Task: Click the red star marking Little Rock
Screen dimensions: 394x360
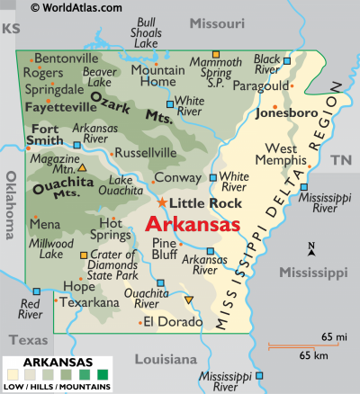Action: pyautogui.click(x=163, y=202)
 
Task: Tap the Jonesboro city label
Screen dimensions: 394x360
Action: pyautogui.click(x=286, y=114)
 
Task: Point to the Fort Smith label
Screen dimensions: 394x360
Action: pyautogui.click(x=43, y=133)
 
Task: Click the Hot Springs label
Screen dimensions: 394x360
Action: pyautogui.click(x=112, y=229)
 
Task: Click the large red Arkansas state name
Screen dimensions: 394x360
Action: pyautogui.click(x=193, y=223)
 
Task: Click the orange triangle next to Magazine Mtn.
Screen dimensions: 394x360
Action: pyautogui.click(x=82, y=167)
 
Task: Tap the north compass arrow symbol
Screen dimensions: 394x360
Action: pyautogui.click(x=310, y=250)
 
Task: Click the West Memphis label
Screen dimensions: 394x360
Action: pyautogui.click(x=289, y=155)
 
